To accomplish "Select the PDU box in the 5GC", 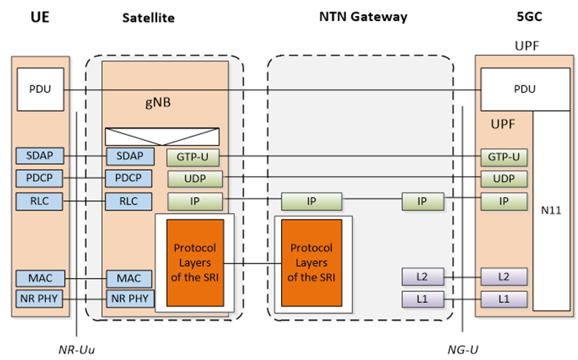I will click(x=524, y=89).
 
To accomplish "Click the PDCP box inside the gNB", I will click(x=128, y=177).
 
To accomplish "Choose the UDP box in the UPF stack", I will click(x=503, y=178).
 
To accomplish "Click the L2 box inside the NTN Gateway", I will click(x=422, y=277).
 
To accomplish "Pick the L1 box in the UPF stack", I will click(x=503, y=299).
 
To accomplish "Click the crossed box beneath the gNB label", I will click(x=162, y=136).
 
